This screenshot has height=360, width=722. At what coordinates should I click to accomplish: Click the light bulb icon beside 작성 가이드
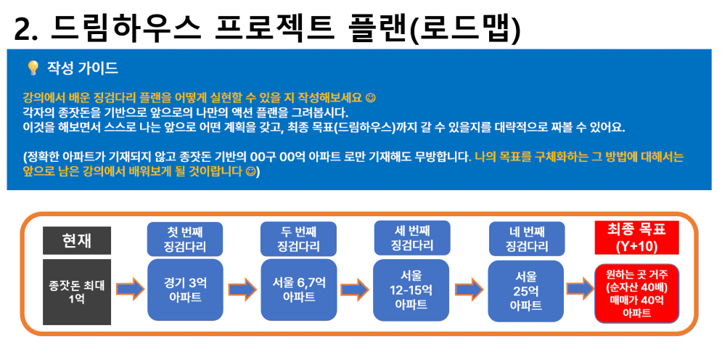coord(33,68)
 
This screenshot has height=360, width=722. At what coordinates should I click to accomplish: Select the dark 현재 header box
coord(77,240)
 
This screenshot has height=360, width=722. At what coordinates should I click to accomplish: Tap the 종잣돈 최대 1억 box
coord(77,292)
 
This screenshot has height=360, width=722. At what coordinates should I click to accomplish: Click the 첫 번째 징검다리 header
coord(184,239)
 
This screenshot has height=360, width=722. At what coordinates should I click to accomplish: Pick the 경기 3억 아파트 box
coord(185,290)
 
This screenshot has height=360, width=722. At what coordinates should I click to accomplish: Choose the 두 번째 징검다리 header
coord(298,239)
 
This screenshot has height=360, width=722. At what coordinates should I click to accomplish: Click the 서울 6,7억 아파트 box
coord(299,290)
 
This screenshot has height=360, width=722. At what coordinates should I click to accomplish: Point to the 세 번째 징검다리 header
coord(411,238)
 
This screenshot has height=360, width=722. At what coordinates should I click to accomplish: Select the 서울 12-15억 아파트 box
coord(411,290)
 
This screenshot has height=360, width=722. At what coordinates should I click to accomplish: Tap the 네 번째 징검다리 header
coord(526,239)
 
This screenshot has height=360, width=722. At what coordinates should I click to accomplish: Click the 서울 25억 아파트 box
coord(526,291)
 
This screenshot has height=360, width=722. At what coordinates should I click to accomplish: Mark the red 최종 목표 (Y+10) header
coord(637,237)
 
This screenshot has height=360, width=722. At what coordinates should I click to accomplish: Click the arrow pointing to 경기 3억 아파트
coord(130,289)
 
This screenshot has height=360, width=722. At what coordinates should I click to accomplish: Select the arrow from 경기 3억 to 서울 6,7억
coord(242,289)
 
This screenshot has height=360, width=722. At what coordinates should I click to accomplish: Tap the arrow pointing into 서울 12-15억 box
coord(355,289)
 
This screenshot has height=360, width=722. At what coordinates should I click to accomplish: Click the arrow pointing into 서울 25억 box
coord(469,289)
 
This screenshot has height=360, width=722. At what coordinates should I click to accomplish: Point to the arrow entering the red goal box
coord(581,289)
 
